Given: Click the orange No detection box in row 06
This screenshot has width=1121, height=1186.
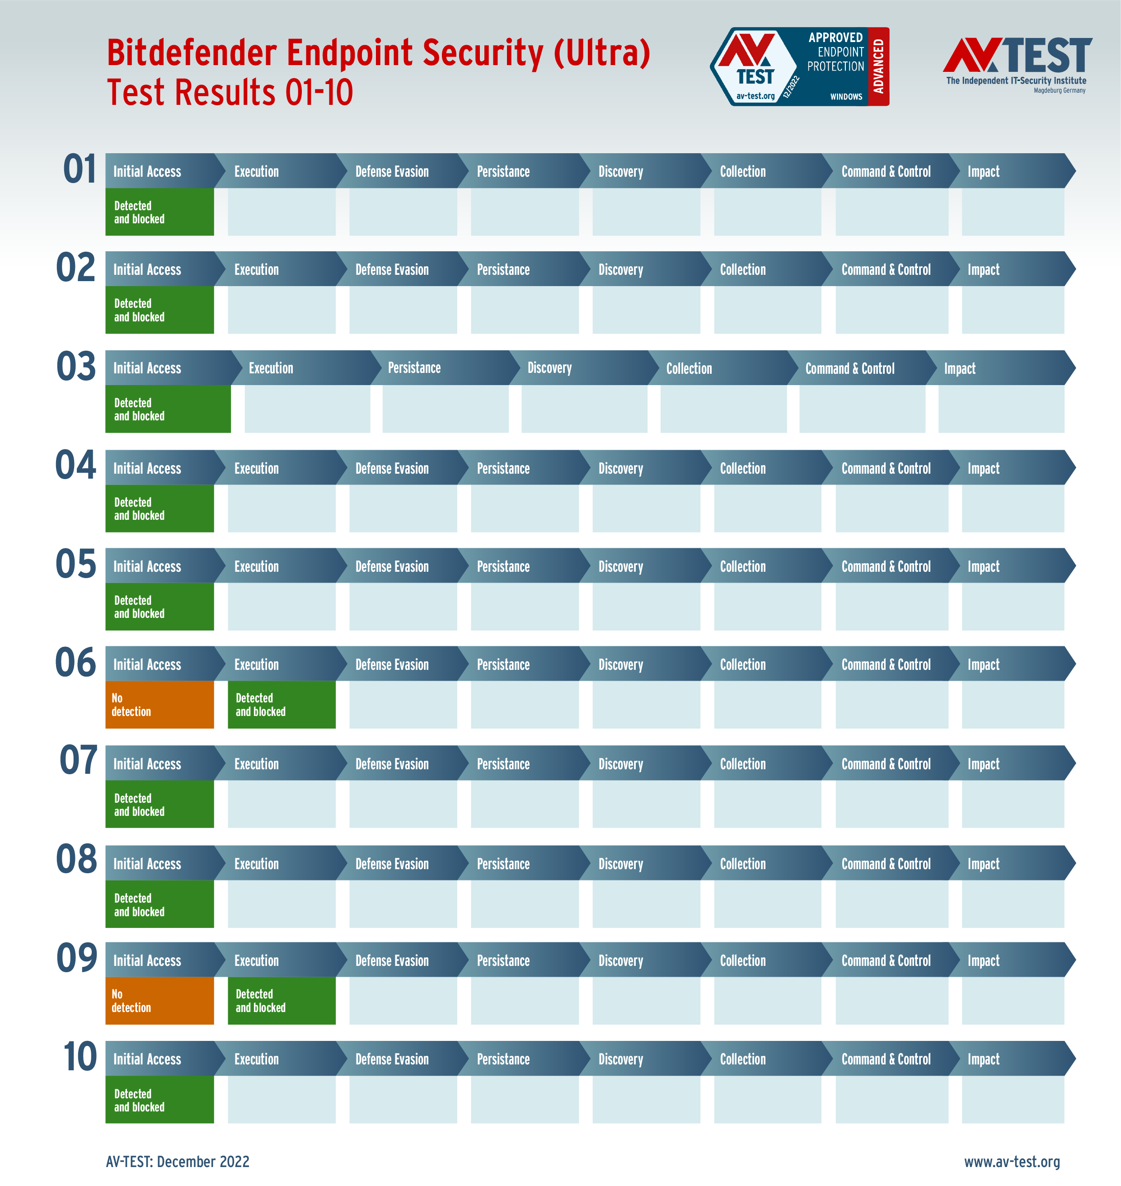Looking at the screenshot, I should click(159, 704).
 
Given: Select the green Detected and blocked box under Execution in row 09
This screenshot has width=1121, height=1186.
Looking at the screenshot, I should click(281, 1000).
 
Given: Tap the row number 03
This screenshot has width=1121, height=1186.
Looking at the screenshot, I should click(76, 367).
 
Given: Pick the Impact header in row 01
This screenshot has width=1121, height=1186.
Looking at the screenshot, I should click(983, 172).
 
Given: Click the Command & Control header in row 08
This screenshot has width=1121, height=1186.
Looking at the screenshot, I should click(886, 863).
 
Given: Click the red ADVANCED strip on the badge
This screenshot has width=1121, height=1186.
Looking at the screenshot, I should click(878, 66).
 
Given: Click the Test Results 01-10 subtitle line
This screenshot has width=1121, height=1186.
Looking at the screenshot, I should click(230, 93).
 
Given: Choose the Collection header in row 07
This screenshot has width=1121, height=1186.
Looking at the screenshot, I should click(742, 763).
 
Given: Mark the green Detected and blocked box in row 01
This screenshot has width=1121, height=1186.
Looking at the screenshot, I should click(159, 212).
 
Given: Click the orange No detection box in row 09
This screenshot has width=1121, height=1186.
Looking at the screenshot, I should click(159, 1000).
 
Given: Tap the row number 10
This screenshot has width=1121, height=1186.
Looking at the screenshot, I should click(80, 1056).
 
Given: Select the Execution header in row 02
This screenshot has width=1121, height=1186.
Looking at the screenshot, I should click(256, 269).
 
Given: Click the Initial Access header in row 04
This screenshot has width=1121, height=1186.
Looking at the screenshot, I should click(147, 468).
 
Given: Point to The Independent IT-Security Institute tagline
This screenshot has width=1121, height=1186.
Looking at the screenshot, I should click(1016, 81).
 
